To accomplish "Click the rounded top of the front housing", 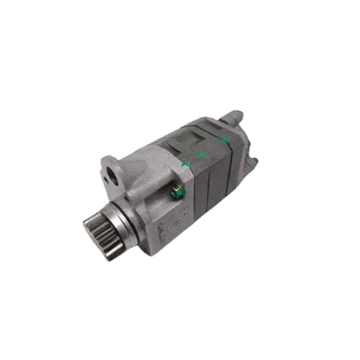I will [144, 154].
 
